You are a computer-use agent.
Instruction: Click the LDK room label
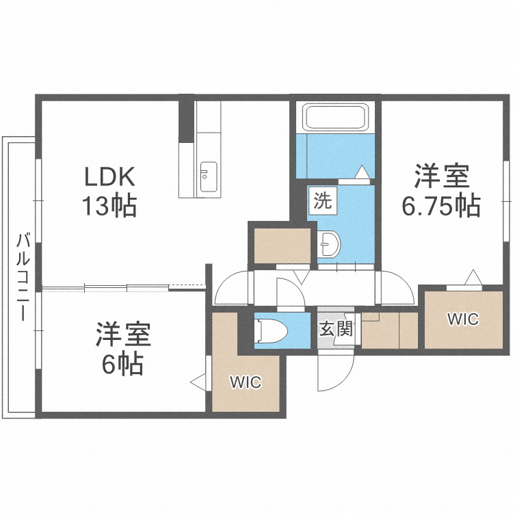[110, 177]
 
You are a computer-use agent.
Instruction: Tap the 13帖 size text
[110, 205]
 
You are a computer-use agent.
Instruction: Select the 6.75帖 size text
[440, 205]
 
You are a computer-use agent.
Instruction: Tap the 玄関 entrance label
[335, 330]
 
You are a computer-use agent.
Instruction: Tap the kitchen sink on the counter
[207, 179]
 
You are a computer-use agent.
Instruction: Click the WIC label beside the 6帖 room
[246, 382]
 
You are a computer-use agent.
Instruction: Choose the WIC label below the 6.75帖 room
[463, 319]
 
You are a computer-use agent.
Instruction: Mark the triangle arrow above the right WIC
[471, 277]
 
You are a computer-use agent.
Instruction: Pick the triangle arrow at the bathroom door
[362, 172]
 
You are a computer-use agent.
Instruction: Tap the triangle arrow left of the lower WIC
[199, 382]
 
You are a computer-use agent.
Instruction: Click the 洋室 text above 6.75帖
[440, 177]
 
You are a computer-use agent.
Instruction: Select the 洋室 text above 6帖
[123, 335]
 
